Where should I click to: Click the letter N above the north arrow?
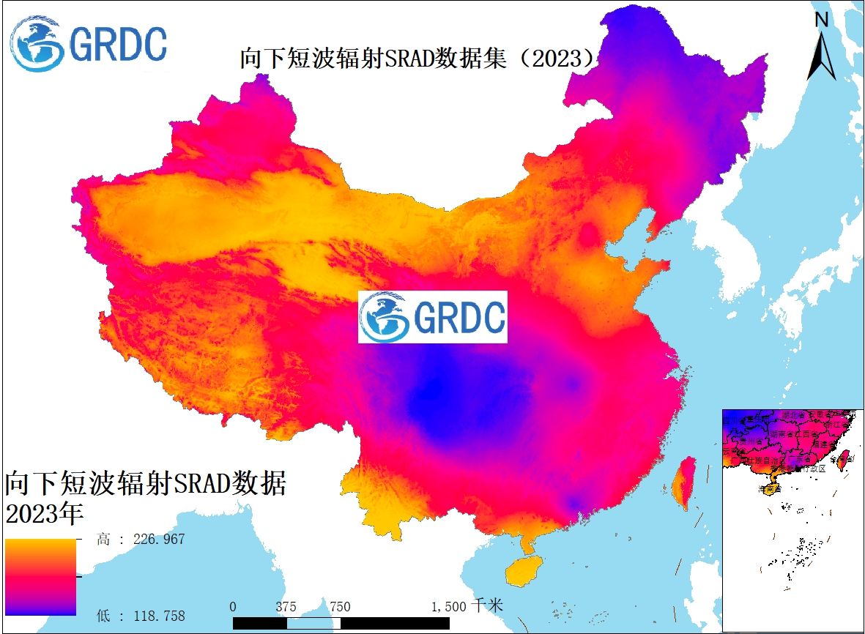tap(822, 20)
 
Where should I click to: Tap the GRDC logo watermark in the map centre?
tap(432, 316)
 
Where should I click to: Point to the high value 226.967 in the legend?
tap(159, 540)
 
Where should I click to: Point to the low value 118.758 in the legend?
tap(159, 615)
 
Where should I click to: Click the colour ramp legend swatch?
tap(40, 577)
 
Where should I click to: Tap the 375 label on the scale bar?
tap(286, 607)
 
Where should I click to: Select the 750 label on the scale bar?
tap(340, 607)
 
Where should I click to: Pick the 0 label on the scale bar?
tap(233, 607)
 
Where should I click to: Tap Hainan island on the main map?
tap(524, 568)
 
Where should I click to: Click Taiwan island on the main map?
tap(685, 483)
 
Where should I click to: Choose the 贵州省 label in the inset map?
tap(753, 441)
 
